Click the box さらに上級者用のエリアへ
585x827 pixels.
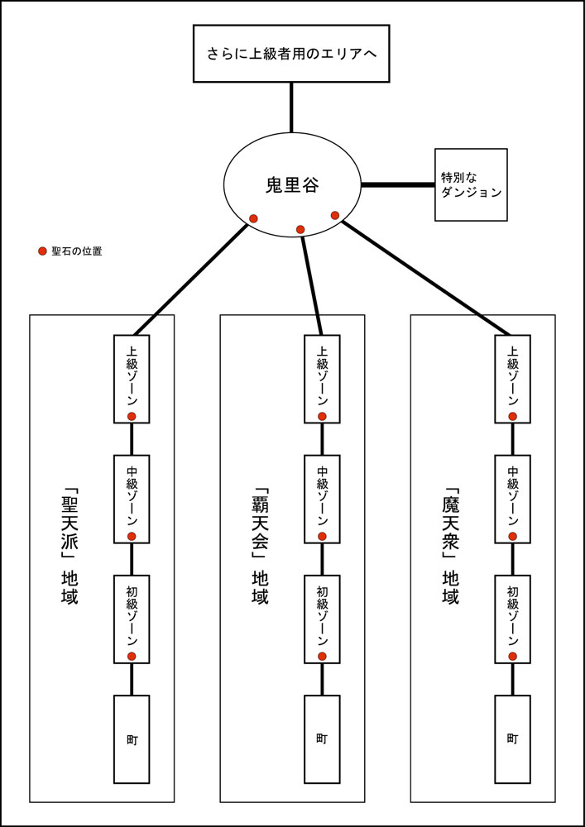[291, 55]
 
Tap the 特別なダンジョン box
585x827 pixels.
[471, 184]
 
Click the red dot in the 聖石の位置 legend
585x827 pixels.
[42, 251]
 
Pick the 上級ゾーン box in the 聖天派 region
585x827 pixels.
[132, 376]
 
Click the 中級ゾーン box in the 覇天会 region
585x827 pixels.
[322, 498]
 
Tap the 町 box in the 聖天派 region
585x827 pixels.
[132, 739]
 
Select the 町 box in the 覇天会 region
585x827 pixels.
[322, 739]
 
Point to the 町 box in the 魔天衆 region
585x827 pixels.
[513, 739]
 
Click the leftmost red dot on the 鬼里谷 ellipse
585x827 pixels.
[253, 218]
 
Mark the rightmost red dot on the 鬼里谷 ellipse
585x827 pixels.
[335, 216]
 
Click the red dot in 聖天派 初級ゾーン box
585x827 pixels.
[132, 656]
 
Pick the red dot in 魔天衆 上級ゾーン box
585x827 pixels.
[513, 416]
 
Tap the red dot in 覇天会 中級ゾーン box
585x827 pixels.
[322, 537]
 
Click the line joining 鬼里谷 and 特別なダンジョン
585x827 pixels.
[397, 184]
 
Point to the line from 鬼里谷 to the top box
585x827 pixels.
[291, 108]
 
